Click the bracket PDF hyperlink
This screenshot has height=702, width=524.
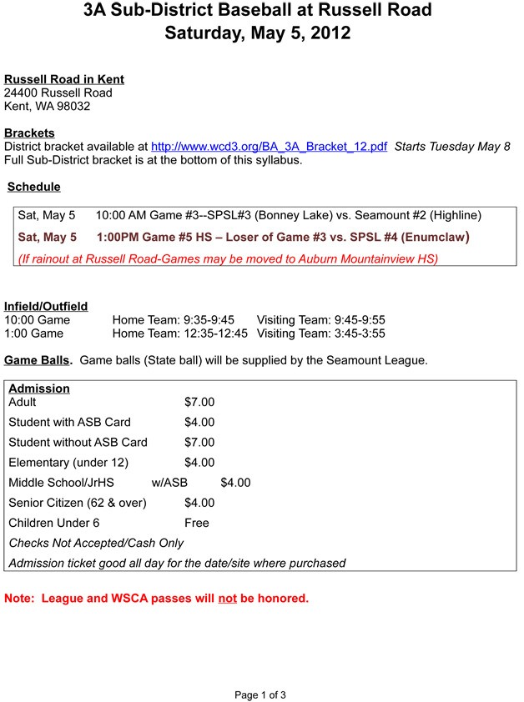pos(269,147)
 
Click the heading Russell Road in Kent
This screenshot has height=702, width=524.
pos(64,79)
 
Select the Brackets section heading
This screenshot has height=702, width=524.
pos(29,133)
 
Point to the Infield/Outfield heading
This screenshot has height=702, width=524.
pos(46,306)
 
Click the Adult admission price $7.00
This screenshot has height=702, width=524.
pos(199,402)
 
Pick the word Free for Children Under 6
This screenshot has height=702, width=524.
pos(197,523)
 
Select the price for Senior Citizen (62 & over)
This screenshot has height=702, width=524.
pos(199,503)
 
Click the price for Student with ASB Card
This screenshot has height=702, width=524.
pos(199,422)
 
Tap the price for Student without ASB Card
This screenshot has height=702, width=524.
pos(199,442)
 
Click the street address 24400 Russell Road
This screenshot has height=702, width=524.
pos(58,93)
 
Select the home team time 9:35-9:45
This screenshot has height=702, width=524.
pos(209,320)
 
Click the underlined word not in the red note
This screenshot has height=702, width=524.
pos(227,598)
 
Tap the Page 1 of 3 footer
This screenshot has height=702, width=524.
pos(261,694)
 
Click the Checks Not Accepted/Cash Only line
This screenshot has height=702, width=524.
pos(96,543)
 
